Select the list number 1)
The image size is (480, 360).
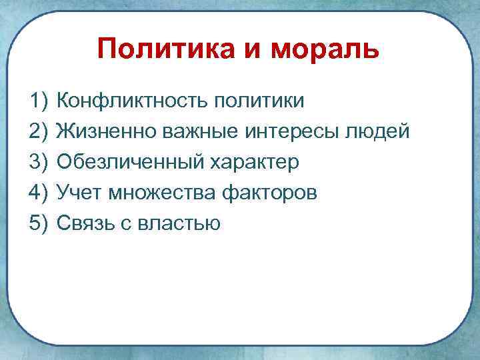pos(40,101)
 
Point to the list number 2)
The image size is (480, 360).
pos(40,132)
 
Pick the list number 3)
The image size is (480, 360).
pos(40,162)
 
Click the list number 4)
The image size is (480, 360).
pos(40,193)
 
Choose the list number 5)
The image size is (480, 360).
pos(40,223)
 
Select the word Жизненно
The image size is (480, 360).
pos(103,132)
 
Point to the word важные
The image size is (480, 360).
pos(194,132)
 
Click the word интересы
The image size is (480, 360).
pos(290,132)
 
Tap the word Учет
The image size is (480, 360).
pos(79,193)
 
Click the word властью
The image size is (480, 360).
pos(177,223)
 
